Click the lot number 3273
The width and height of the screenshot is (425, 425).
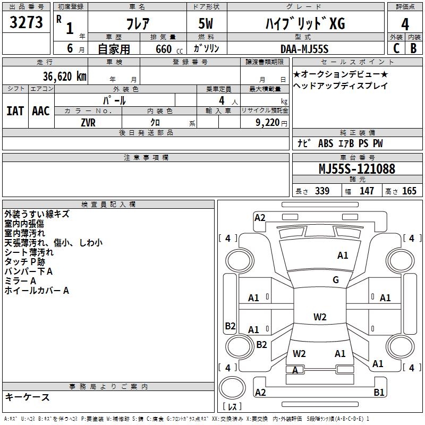pyautogui.click(x=27, y=23)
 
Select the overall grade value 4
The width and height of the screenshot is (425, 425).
pyautogui.click(x=405, y=24)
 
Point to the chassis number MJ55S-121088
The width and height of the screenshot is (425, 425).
pyautogui.click(x=356, y=169)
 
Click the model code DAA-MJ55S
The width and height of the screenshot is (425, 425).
pyautogui.click(x=304, y=49)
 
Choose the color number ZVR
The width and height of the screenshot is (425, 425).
pyautogui.click(x=88, y=122)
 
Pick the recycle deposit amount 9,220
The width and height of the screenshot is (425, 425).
pyautogui.click(x=264, y=122)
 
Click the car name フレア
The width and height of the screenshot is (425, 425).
pyautogui.click(x=137, y=24)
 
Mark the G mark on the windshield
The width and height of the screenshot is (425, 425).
pyautogui.click(x=336, y=280)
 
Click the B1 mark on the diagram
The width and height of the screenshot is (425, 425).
pyautogui.click(x=379, y=393)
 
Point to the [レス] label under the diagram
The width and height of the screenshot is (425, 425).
pyautogui.click(x=232, y=407)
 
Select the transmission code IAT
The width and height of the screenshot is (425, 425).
pyautogui.click(x=15, y=111)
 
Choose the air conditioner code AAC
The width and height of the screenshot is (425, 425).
pyautogui.click(x=40, y=111)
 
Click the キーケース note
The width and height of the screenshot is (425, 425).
pyautogui.click(x=27, y=397)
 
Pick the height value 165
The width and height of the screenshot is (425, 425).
pyautogui.click(x=409, y=191)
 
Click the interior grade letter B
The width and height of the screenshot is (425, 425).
pyautogui.click(x=413, y=48)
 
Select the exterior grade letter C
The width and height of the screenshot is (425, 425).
pyautogui.click(x=396, y=48)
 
